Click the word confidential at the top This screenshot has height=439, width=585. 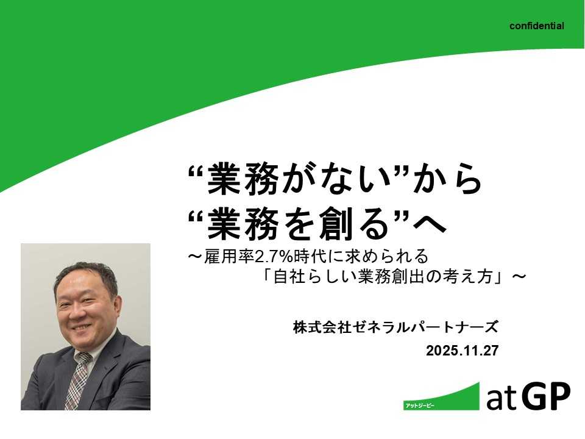click(x=537, y=26)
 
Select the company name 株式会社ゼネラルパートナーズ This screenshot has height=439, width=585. click(x=395, y=328)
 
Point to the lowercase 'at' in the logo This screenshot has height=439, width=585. click(x=501, y=399)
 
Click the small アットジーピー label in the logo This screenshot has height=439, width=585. click(x=419, y=405)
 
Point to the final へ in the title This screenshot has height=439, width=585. click(x=430, y=224)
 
